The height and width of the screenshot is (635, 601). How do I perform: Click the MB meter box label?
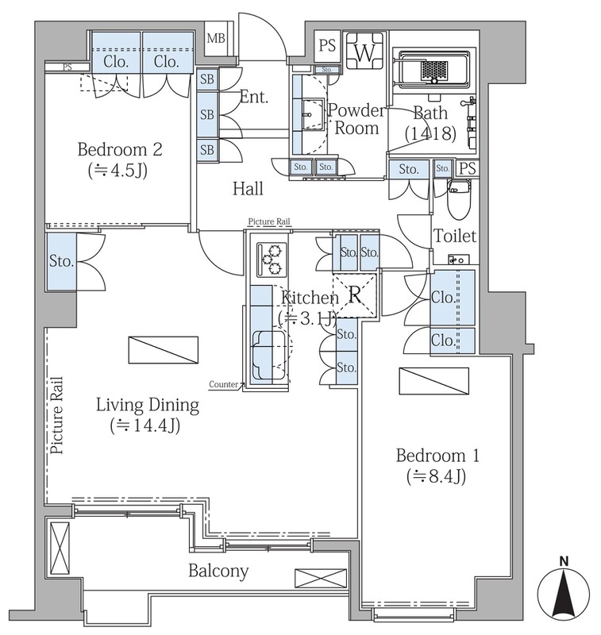click(x=215, y=38)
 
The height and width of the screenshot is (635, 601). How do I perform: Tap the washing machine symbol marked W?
click(x=364, y=51)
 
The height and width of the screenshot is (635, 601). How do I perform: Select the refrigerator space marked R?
click(x=354, y=295)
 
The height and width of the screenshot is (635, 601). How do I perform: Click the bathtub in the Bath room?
click(x=434, y=68)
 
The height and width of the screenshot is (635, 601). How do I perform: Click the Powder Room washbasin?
click(x=313, y=114)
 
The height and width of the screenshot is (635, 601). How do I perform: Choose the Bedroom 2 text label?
click(x=120, y=149)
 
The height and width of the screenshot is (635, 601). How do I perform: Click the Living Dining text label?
click(x=148, y=405)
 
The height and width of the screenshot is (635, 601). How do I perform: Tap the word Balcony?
click(x=218, y=571)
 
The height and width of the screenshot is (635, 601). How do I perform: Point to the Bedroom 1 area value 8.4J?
click(x=436, y=477)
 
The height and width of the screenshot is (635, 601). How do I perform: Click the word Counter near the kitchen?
click(x=224, y=384)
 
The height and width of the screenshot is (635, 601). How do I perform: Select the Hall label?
click(x=248, y=189)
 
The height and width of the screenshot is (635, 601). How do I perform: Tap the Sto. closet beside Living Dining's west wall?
click(x=62, y=261)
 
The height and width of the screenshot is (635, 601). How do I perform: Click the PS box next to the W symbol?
click(x=327, y=46)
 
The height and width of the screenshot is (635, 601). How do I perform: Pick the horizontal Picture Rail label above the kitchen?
click(x=269, y=221)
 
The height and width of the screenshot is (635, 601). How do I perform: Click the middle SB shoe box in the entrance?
click(x=207, y=114)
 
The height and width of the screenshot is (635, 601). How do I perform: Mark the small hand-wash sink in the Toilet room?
click(x=459, y=260)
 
